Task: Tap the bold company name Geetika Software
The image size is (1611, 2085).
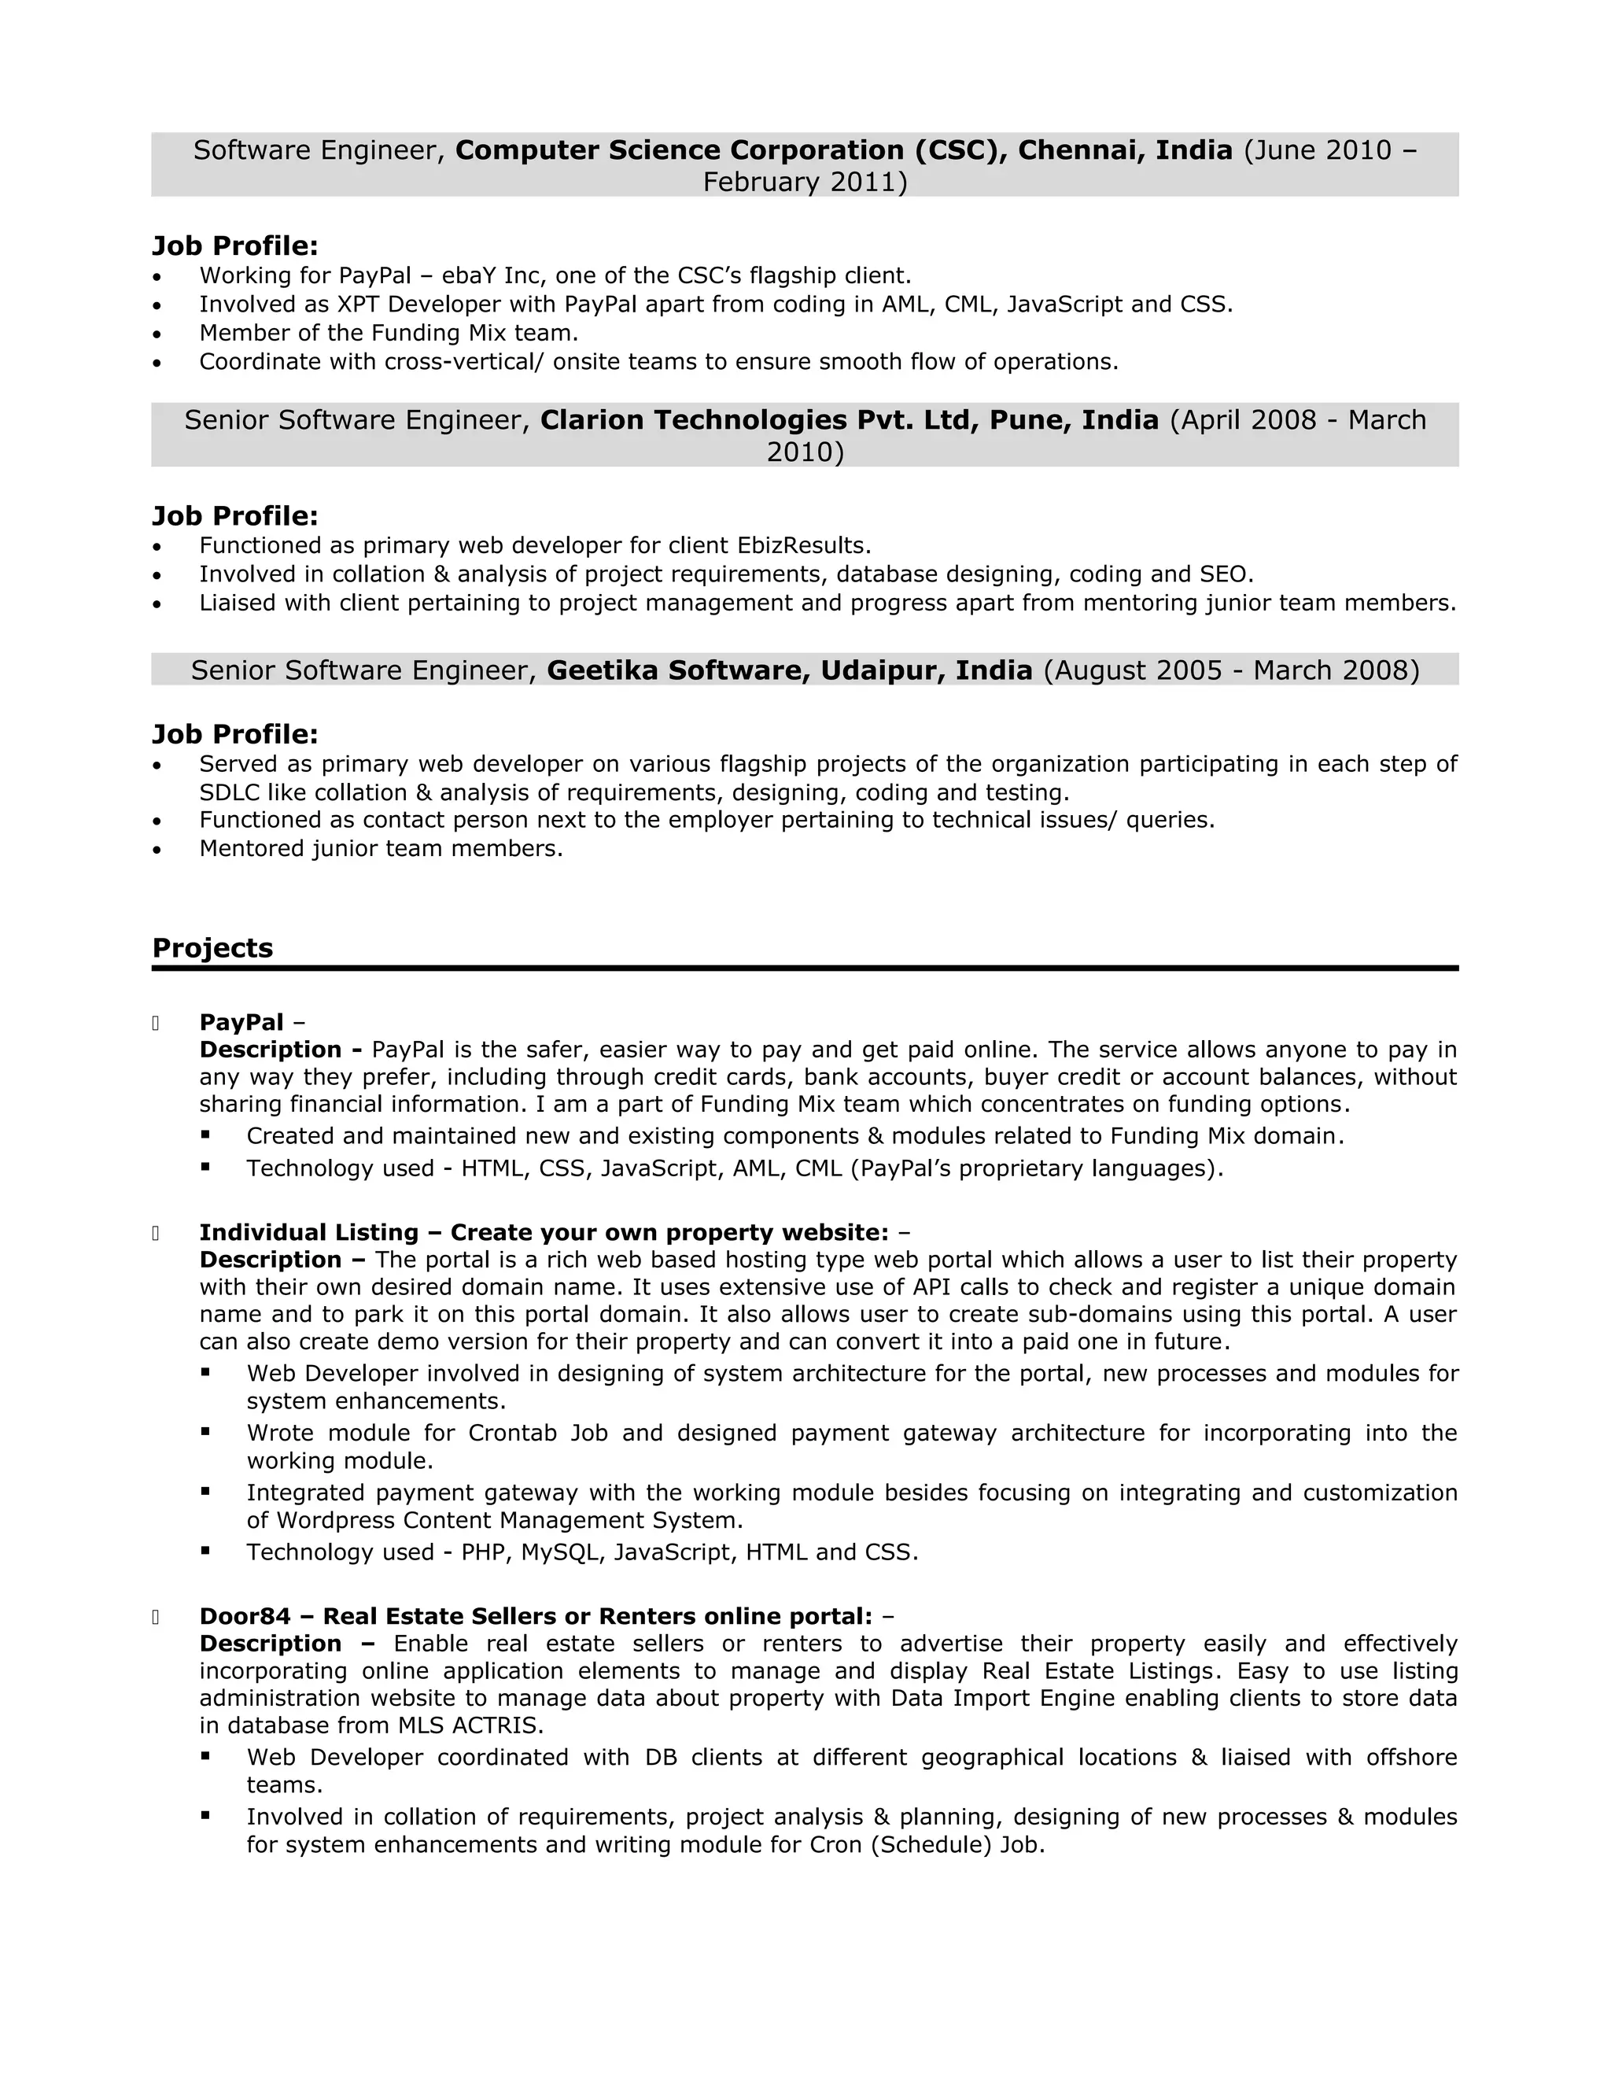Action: [676, 670]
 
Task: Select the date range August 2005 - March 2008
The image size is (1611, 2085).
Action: [1231, 670]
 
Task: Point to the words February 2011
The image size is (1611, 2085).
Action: [805, 183]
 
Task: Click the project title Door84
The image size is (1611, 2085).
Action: [245, 1616]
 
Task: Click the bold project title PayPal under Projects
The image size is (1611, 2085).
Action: [241, 1023]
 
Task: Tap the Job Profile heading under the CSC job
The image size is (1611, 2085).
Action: [234, 246]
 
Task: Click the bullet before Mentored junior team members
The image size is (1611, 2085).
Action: [157, 850]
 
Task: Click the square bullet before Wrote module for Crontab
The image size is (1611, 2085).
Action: [205, 1432]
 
